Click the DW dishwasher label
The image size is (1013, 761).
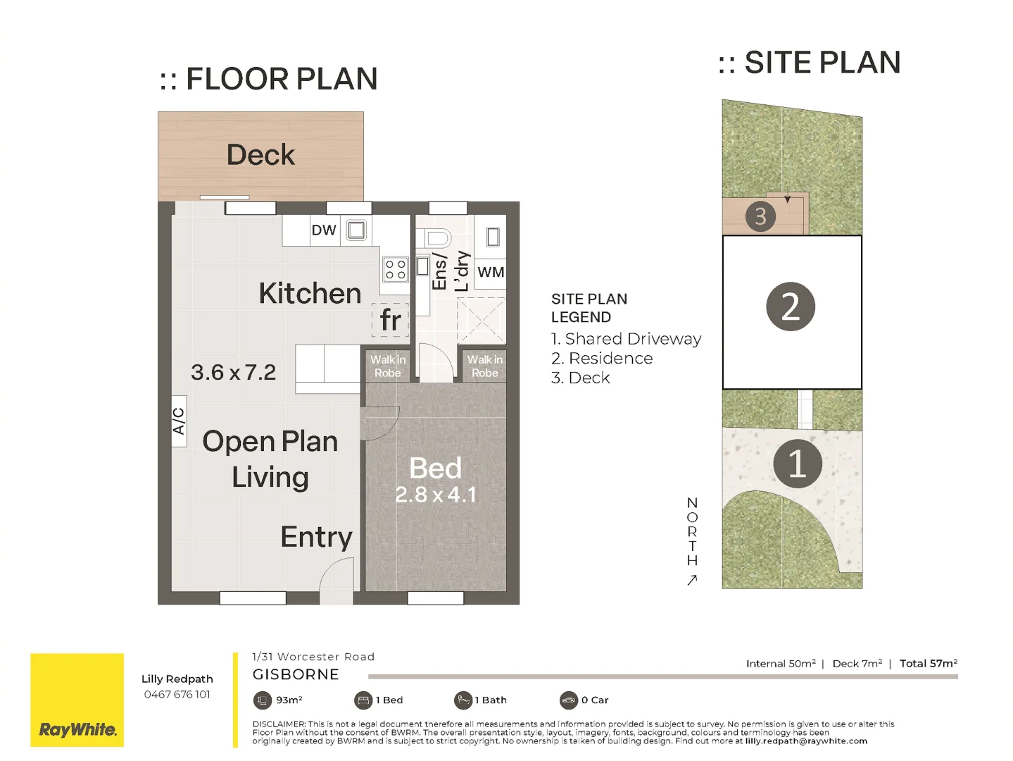(x=324, y=230)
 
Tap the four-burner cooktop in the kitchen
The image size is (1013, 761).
(x=395, y=269)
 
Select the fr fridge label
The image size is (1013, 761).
(x=391, y=319)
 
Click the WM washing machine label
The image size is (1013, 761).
(x=491, y=272)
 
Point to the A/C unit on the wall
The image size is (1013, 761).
(x=179, y=421)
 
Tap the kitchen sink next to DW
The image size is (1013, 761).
(x=356, y=230)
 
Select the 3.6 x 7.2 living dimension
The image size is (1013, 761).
(x=234, y=372)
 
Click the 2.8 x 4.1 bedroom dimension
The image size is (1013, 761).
(x=436, y=495)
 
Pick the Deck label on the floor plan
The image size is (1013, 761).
(x=260, y=154)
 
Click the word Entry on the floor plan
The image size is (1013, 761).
(x=317, y=537)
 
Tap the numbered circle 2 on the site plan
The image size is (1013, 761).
(x=791, y=307)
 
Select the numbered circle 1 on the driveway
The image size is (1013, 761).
(x=798, y=464)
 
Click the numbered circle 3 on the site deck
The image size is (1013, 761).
(x=760, y=216)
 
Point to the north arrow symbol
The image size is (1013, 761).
(x=692, y=580)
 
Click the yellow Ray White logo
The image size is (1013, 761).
(x=77, y=700)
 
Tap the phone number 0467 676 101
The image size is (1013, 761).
(x=177, y=695)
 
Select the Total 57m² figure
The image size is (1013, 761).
(x=929, y=664)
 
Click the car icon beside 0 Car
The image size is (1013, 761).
(x=569, y=700)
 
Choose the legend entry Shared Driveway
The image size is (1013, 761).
(x=627, y=339)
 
